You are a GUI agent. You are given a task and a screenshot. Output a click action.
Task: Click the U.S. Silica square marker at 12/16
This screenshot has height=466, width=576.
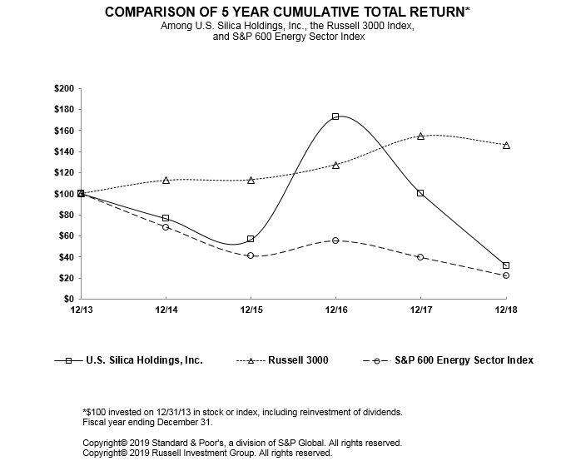[x=335, y=116]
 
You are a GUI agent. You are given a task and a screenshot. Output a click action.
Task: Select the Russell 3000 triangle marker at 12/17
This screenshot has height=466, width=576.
[x=420, y=136]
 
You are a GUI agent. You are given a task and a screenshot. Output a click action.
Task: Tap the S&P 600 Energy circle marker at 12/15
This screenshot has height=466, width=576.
[x=251, y=255]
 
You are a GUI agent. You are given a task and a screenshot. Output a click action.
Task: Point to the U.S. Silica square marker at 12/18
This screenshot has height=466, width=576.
[x=506, y=265]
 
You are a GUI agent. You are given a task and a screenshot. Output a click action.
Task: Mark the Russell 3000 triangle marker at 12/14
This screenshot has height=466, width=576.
[x=166, y=180]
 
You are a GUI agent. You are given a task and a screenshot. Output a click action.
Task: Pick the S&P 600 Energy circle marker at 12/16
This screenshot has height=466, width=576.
[x=335, y=240]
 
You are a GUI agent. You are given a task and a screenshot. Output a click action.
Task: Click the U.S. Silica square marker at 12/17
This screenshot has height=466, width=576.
[x=420, y=193]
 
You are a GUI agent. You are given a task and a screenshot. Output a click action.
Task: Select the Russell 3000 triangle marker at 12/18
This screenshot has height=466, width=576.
[x=506, y=145]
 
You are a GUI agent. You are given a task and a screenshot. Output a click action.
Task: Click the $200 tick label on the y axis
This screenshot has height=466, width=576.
[x=62, y=88]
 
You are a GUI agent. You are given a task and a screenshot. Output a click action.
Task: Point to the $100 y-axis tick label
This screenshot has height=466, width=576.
[x=62, y=194]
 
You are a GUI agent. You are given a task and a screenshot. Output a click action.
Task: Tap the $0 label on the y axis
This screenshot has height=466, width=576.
[x=67, y=299]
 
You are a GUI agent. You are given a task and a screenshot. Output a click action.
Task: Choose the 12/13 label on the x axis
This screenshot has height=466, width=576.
[x=81, y=310]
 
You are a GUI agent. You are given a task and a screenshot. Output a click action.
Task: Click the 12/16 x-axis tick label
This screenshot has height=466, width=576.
[x=335, y=310]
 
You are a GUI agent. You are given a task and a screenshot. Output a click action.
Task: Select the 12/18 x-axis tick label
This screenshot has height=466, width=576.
[x=506, y=310]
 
